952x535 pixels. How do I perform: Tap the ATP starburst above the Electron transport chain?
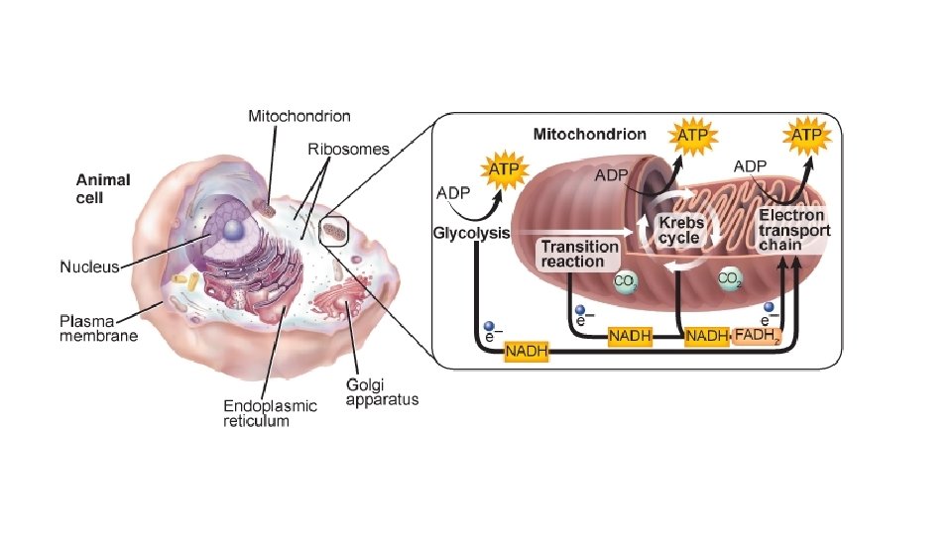pos(807,134)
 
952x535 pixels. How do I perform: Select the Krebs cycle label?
pos(680,230)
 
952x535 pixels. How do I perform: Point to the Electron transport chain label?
pos(794,230)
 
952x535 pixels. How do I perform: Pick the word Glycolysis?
pos(471,234)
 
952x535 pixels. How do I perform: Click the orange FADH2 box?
pos(759,337)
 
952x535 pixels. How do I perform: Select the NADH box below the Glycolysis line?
pos(527,351)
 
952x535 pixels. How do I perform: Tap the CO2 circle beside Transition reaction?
pos(625,282)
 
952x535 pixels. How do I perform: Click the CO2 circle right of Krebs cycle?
pos(730,279)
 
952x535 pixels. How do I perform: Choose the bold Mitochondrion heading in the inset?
pos(589,133)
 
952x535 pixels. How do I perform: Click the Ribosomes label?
pos(348,150)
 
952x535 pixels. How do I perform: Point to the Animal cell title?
pos(103,188)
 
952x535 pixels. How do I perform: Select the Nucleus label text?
pos(89,266)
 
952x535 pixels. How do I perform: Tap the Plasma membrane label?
pos(97,328)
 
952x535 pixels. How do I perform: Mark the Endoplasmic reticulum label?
pos(270,413)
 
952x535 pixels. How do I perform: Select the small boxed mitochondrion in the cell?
pos(333,231)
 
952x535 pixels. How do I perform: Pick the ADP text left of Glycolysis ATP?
pos(452,192)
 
